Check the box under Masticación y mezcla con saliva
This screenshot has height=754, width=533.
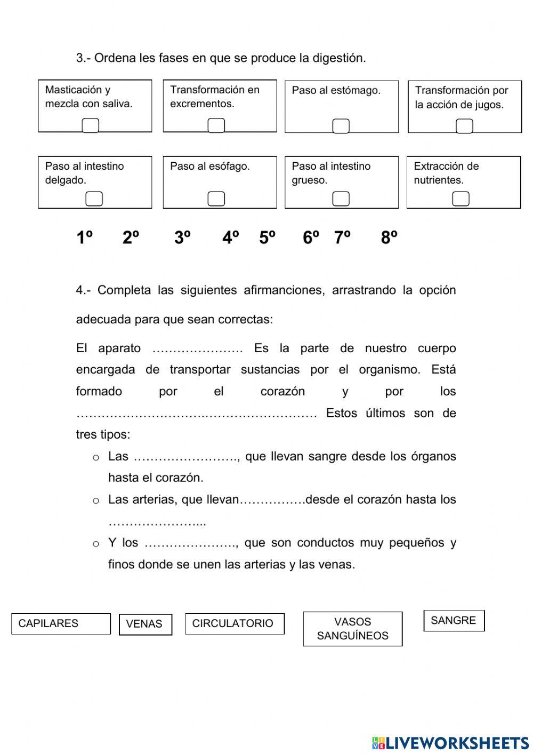91,125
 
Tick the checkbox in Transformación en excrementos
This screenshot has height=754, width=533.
216,125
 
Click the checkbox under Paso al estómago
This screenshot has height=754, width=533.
341,126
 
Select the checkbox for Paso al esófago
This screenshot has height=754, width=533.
216,199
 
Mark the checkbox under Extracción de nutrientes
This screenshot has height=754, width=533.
461,199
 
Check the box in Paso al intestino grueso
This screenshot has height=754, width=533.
341,199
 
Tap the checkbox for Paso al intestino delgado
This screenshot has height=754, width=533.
94,199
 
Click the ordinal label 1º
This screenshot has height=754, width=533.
84,237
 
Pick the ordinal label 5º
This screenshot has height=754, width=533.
268,237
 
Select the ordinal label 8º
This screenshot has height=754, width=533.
389,237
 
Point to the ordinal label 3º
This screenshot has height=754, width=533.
182,237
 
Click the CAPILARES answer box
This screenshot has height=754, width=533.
61,624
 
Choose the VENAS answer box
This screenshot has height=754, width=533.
145,624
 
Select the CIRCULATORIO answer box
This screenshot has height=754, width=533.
235,624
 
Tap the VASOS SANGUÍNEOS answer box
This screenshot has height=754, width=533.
352,629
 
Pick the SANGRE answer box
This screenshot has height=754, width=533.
454,621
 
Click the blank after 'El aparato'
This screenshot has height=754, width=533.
197,349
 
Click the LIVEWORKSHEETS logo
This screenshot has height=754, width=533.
450,743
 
